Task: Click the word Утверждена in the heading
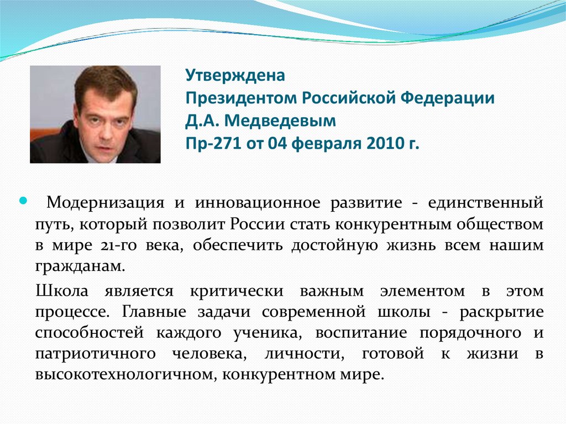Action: [235, 75]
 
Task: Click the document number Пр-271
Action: [209, 144]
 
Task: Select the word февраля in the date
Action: [324, 144]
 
